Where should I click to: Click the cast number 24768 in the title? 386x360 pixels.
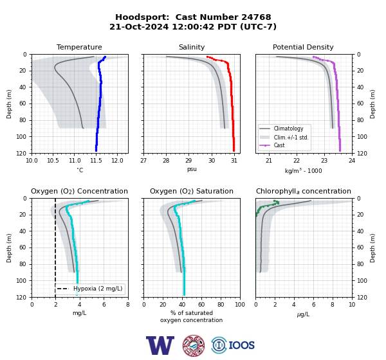256,17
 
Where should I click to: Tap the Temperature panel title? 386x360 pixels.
79,47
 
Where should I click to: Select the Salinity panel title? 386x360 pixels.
192,47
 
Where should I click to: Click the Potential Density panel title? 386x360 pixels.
303,47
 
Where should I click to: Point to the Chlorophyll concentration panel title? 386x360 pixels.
304,191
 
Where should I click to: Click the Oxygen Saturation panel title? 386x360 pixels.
192,191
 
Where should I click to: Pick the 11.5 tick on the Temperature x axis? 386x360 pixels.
96,161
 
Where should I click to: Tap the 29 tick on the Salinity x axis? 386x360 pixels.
188,161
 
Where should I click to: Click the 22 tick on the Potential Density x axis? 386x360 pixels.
297,161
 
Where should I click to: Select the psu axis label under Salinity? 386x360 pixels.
192,170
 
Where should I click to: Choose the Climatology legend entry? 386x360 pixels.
288,129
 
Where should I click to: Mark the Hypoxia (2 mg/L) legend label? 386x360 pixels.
98,289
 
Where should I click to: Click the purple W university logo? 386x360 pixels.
160,345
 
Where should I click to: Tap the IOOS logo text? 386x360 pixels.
241,345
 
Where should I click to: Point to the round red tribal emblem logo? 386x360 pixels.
194,345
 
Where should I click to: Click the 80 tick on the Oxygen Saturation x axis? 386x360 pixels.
221,305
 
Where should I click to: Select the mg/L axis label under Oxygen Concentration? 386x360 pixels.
79,313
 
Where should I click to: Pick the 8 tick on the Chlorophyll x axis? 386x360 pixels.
333,305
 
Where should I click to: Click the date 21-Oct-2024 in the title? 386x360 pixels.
139,26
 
